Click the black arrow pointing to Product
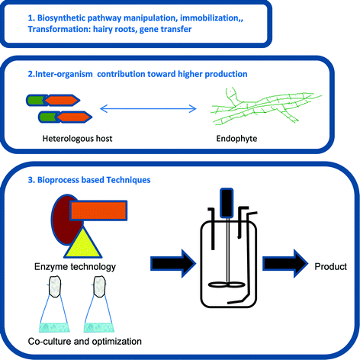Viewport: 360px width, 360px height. [284, 265]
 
